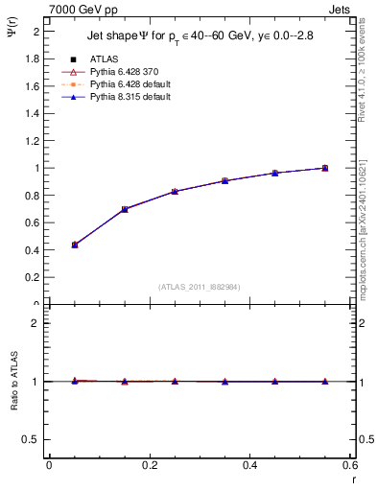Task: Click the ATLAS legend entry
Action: [104, 58]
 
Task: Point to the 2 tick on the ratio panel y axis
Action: [38, 323]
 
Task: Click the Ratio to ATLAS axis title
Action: [13, 381]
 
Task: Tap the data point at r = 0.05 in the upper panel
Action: [75, 245]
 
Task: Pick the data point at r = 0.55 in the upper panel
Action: [325, 168]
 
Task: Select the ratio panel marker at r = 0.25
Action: [175, 381]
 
